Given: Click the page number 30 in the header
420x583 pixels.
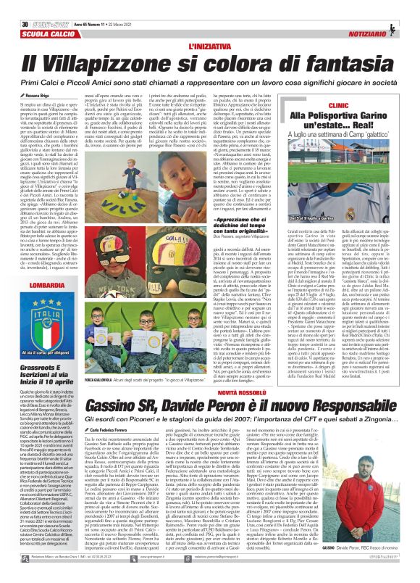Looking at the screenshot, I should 14,7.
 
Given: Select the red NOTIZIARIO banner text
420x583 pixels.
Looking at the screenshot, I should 387,17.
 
